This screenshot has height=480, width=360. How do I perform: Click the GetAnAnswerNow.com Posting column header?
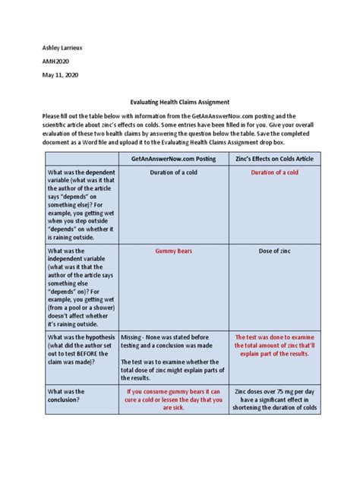[173, 159]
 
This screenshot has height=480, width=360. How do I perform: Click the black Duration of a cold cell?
[173, 172]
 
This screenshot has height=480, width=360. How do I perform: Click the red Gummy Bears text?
[173, 250]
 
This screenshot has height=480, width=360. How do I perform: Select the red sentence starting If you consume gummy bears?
[173, 399]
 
